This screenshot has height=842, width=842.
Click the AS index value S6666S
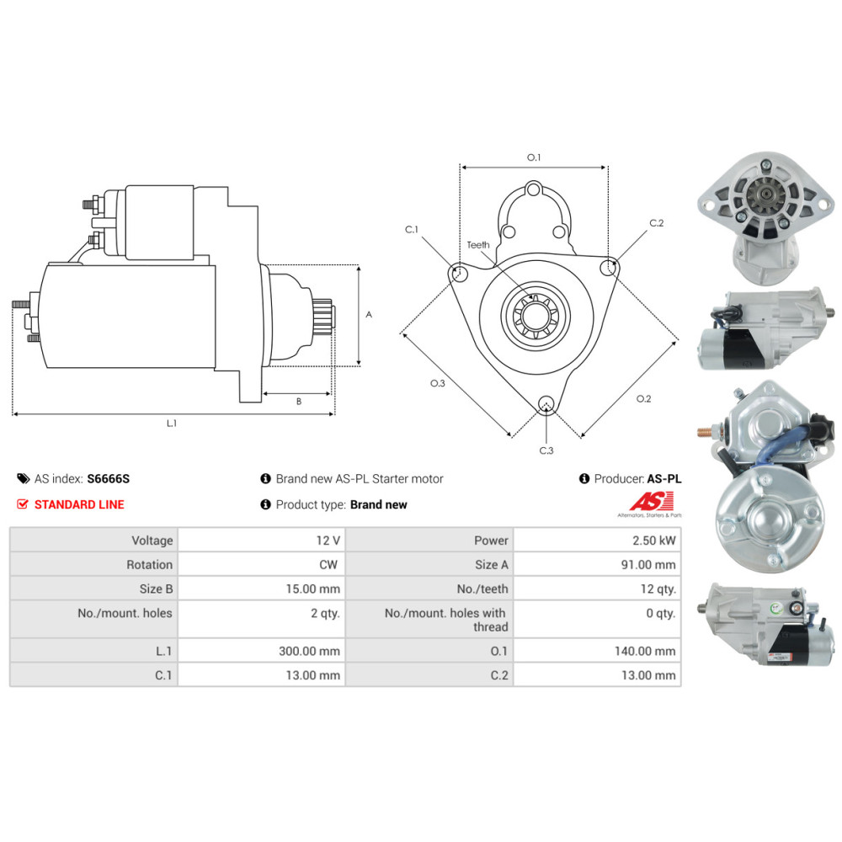109,478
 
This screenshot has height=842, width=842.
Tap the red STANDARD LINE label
78,504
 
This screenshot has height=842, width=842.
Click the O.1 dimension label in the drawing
534,157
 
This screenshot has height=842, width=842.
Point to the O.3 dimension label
437,384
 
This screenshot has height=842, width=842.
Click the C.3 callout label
546,451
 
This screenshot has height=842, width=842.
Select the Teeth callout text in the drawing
478,245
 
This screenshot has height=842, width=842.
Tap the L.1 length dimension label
172,424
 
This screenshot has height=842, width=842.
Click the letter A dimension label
369,315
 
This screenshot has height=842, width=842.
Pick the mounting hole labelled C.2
608,267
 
